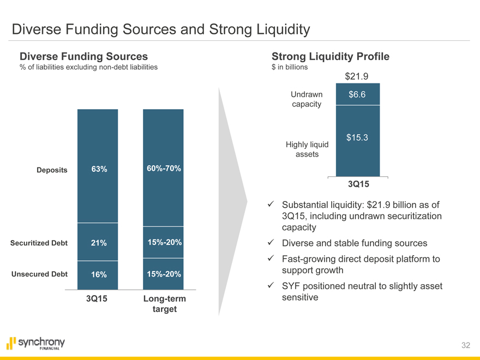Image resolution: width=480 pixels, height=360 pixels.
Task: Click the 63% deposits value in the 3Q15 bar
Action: point(99,169)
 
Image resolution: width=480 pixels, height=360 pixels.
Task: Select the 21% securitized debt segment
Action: point(99,243)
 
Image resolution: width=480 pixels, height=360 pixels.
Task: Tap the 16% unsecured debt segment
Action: point(99,274)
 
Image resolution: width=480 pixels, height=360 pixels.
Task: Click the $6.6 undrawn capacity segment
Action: point(357,95)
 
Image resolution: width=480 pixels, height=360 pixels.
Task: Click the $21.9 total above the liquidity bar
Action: point(357,76)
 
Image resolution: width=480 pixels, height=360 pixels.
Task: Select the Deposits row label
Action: point(52,170)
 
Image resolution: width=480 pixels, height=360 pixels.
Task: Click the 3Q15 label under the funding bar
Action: point(98,299)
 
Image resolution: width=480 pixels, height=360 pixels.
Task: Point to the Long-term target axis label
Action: point(164,304)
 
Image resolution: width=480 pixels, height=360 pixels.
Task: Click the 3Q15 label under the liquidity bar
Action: point(358,184)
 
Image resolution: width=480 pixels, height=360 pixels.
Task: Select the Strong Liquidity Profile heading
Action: point(330,56)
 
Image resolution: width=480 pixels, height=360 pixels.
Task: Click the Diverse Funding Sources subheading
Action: point(83,56)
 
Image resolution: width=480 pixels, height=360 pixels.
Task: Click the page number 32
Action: point(465,345)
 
